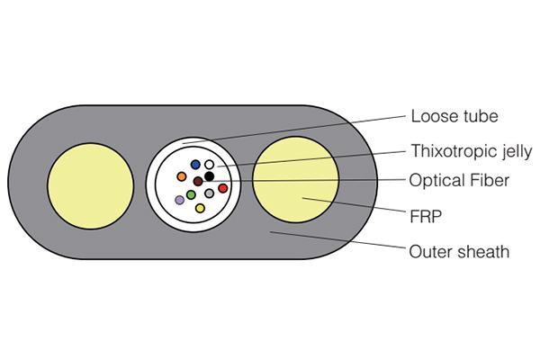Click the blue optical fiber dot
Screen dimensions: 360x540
pyautogui.click(x=195, y=164)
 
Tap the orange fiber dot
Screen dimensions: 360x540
pyautogui.click(x=182, y=175)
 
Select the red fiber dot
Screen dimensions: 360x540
pyautogui.click(x=222, y=188)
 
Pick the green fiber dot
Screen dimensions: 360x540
pyautogui.click(x=191, y=193)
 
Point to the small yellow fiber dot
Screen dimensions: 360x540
pyautogui.click(x=200, y=208)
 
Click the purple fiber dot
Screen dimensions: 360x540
pyautogui.click(x=179, y=199)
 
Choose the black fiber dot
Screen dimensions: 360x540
pyautogui.click(x=209, y=176)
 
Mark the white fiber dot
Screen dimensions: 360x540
pyautogui.click(x=210, y=165)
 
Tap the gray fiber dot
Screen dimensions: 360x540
pyautogui.click(x=210, y=193)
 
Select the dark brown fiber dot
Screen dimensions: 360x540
pyautogui.click(x=197, y=181)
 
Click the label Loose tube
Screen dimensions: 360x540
pyautogui.click(x=454, y=116)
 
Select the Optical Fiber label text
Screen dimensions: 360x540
pyautogui.click(x=460, y=180)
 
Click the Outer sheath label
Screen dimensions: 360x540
pyautogui.click(x=459, y=251)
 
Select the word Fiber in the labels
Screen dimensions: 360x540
pyautogui.click(x=490, y=180)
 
